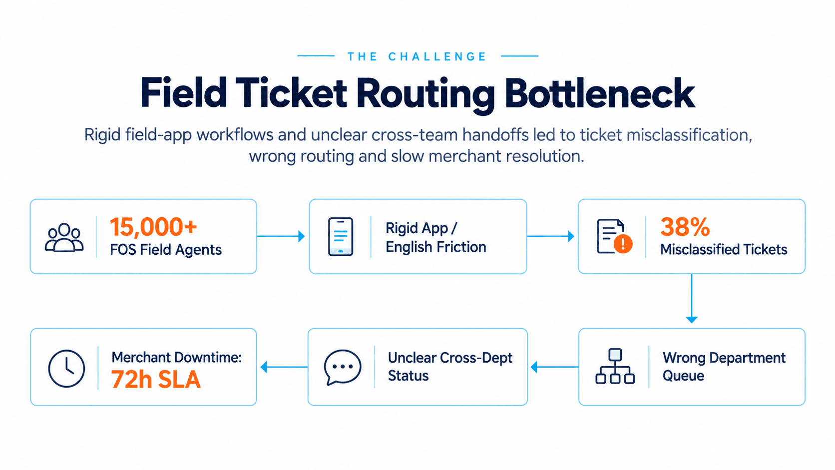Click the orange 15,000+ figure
153,227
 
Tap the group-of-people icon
64,238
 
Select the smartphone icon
340,237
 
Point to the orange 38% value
685,227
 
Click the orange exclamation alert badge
623,244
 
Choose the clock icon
66,368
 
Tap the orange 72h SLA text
156,380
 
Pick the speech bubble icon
343,367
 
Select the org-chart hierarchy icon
615,366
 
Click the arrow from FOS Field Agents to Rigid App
281,236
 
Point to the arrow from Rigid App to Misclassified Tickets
550,236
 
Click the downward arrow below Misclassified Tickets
692,299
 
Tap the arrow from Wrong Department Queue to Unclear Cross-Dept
554,367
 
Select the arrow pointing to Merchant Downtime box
284,367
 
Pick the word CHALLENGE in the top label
437,56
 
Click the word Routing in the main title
425,95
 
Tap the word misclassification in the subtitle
689,135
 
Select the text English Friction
436,247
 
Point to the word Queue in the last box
683,376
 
